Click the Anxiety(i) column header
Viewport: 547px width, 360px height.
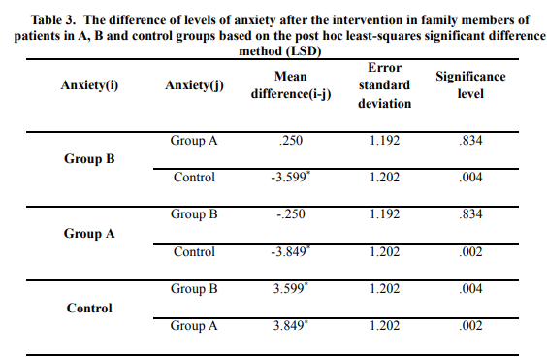[x=89, y=85]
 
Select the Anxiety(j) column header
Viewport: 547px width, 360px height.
[x=194, y=85]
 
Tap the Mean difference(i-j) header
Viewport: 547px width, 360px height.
[x=291, y=85]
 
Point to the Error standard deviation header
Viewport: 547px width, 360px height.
[x=384, y=85]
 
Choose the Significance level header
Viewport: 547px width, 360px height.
[x=470, y=85]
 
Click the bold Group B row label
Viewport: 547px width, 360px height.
[x=89, y=159]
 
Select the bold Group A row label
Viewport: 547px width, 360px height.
[x=89, y=233]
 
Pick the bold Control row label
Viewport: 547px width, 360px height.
[x=89, y=308]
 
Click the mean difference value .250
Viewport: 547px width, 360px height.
[x=291, y=141]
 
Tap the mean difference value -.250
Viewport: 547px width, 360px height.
[x=291, y=214]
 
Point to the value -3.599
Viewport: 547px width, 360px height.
[x=290, y=177]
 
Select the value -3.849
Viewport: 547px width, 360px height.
[x=290, y=251]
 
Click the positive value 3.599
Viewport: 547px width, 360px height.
[x=290, y=289]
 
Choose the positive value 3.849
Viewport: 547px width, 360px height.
[x=290, y=325]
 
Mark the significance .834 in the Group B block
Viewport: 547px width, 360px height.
[x=470, y=141]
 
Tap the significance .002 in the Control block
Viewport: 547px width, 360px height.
[x=470, y=325]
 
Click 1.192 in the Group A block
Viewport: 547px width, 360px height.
[x=384, y=214]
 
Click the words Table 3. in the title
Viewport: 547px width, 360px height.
[x=53, y=20]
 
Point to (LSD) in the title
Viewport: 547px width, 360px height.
[x=304, y=51]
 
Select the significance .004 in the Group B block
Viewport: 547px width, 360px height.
[x=470, y=177]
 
